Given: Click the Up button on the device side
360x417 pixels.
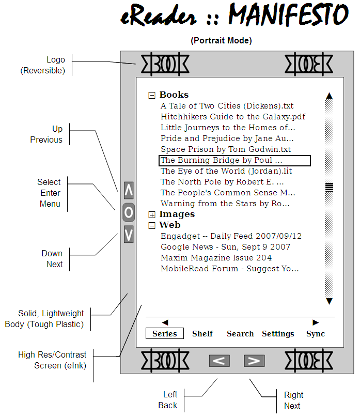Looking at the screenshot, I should pos(129,190).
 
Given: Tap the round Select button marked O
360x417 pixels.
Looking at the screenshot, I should pos(129,212).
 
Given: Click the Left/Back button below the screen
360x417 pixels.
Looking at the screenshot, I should pos(220,361).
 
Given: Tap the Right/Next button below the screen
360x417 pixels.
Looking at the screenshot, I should pos(254,361).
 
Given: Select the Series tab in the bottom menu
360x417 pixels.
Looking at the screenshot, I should pos(165,334).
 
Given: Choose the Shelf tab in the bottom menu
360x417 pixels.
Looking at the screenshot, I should pos(202,334).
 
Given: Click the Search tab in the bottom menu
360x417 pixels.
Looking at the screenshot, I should pos(240,334).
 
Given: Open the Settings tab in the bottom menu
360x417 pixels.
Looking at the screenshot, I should pos(278,334).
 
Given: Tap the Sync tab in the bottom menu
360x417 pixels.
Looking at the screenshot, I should pos(316,334).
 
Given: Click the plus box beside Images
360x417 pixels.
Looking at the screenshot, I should pos(152,214).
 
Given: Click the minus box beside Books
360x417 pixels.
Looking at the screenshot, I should pos(152,95).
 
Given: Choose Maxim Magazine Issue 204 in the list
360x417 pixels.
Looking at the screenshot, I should pos(216,258).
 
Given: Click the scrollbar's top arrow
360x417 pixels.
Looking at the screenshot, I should pos(330,96).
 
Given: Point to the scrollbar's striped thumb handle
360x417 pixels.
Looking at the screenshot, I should pos(329,187).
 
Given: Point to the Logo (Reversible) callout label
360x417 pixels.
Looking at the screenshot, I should pos(43,65).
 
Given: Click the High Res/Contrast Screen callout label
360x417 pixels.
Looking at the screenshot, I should pos(52,360).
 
